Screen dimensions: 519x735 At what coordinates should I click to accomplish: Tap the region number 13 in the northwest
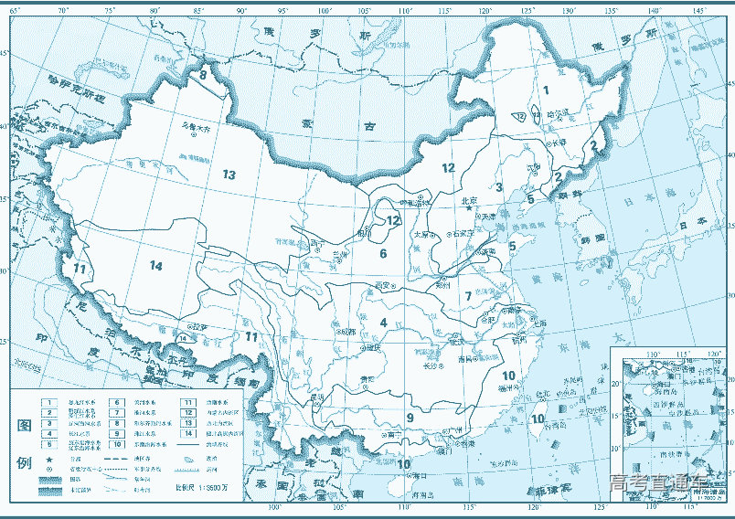pos(229,175)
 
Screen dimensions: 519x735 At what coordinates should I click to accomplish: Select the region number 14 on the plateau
pos(155,265)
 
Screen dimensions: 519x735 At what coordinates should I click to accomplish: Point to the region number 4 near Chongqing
pos(384,323)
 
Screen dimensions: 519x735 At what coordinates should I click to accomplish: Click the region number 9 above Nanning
pos(410,418)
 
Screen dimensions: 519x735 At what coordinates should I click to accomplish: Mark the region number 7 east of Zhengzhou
pos(467,295)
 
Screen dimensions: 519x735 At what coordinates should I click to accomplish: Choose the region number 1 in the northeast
pos(545,90)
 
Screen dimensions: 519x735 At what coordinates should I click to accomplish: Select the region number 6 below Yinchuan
pos(384,254)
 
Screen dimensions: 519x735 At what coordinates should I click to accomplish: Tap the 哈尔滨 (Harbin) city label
pos(557,113)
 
